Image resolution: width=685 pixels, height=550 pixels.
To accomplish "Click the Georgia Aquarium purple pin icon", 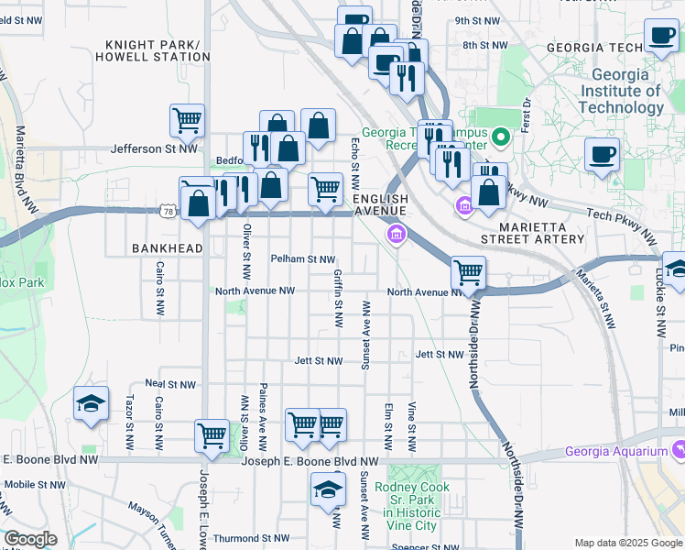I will coord(679,449).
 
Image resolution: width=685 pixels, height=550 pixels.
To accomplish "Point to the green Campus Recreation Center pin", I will coord(500,138).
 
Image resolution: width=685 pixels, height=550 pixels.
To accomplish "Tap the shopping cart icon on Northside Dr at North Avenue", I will coord(468,272).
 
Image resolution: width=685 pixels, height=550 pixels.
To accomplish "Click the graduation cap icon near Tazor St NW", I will coord(91,404).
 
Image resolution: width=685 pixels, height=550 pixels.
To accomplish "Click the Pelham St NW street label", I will coord(302,259).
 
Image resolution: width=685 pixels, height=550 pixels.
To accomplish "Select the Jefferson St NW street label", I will coord(154,148).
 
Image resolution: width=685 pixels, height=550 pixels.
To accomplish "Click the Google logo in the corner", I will coord(31,539).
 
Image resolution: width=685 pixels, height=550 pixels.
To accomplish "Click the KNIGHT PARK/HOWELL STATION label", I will coord(158,50).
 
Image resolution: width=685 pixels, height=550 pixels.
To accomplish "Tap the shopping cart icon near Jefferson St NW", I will coord(187,119).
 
